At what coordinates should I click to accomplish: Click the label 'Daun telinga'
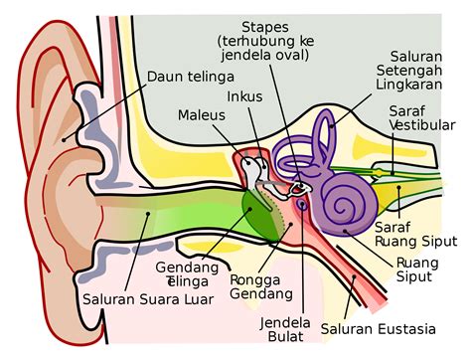190,77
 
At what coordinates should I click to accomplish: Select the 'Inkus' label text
244,97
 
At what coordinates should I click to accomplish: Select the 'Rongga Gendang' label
261,286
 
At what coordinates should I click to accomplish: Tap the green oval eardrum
260,212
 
